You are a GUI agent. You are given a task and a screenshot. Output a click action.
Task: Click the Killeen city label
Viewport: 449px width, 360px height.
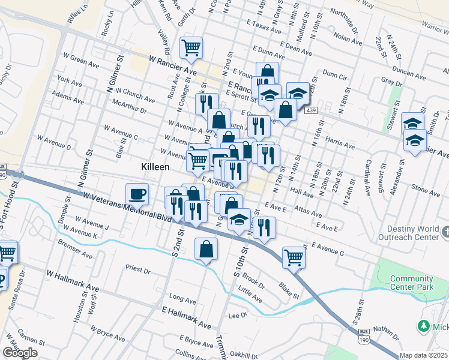pos(155,167)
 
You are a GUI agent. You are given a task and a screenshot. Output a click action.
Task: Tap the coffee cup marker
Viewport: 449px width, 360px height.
pos(137,194)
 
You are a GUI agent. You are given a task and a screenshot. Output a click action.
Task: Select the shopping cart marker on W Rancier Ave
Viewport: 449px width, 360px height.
pos(191,47)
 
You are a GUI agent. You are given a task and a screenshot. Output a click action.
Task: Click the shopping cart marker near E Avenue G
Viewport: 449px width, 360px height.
pos(294,257)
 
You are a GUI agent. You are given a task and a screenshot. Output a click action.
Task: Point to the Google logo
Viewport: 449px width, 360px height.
pos(20,353)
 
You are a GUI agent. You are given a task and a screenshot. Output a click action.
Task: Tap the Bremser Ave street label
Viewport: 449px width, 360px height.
pos(75,249)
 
